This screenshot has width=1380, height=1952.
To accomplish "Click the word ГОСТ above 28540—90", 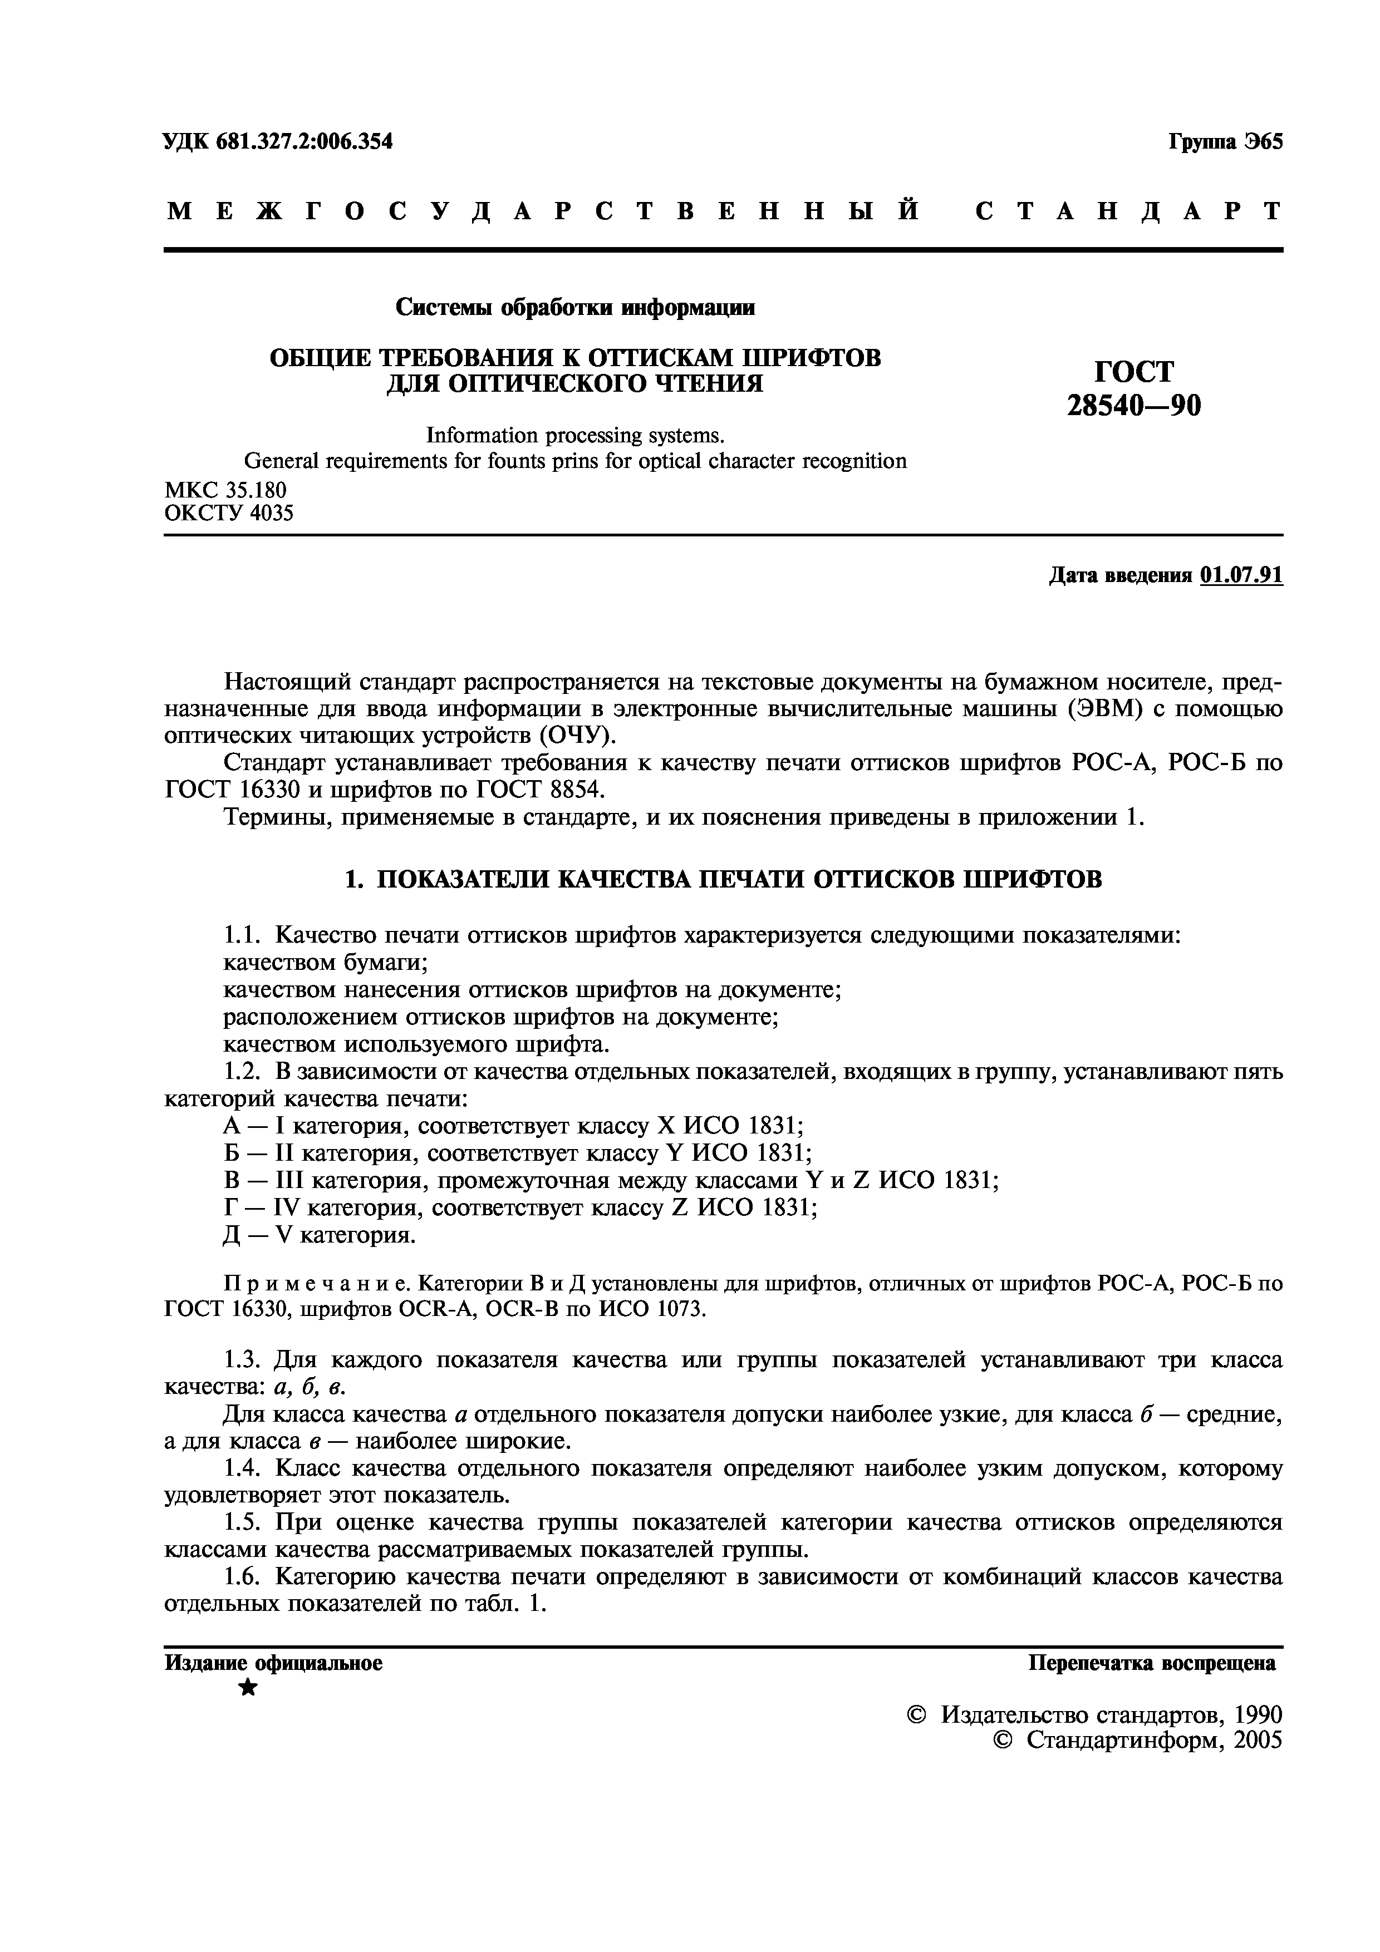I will point(1135,372).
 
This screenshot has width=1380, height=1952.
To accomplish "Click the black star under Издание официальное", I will point(247,1688).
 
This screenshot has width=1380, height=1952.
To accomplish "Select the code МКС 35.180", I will point(225,489).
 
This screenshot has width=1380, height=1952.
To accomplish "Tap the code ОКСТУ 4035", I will point(229,512).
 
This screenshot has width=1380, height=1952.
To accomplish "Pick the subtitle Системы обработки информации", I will point(575,307).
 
